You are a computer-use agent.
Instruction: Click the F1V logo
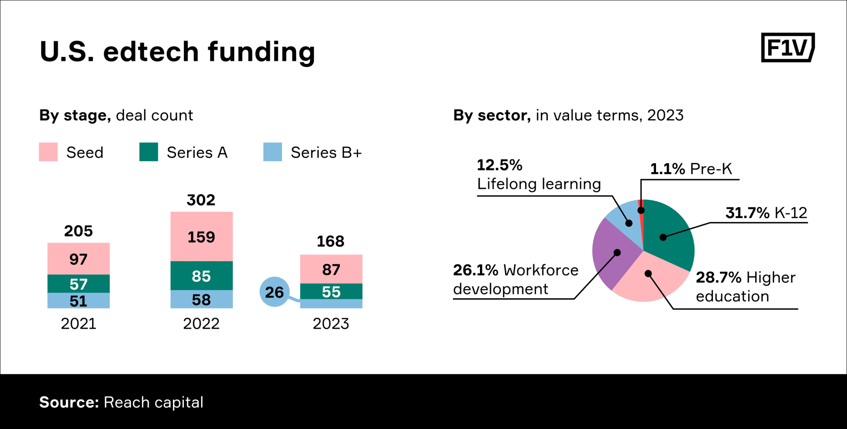coord(787,48)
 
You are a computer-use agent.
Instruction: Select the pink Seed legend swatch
coord(48,152)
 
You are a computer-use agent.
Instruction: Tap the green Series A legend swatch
coord(149,152)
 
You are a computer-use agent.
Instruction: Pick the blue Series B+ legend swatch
coord(273,152)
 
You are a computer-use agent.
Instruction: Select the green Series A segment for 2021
coord(79,284)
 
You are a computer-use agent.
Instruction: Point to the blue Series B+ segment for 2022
coord(202,299)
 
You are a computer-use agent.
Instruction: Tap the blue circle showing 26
coord(274,292)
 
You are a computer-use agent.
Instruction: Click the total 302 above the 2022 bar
coord(201,200)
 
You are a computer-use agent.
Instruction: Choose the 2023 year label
coord(331,324)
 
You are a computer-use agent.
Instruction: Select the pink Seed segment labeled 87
coord(331,269)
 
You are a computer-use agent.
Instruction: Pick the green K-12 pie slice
coord(668,234)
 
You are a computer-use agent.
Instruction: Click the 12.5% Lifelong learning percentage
coord(499,165)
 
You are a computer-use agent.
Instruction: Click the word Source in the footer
coord(69,402)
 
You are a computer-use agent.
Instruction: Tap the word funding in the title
coord(261,52)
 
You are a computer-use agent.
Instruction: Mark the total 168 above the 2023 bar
coord(330,241)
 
